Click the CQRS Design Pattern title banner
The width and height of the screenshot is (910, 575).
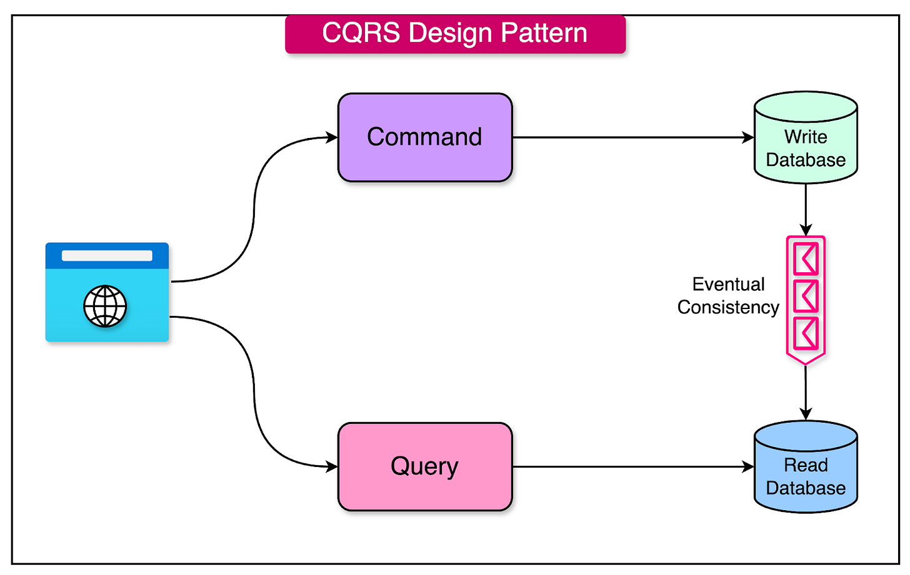pos(455,34)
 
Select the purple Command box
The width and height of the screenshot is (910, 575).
pos(425,137)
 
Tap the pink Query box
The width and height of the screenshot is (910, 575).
pos(425,466)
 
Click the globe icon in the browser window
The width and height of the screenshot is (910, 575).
pos(105,307)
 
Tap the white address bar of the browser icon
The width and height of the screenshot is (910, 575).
pos(107,255)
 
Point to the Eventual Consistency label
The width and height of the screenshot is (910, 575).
pos(728,295)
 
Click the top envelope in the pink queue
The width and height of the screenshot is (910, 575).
pos(806,258)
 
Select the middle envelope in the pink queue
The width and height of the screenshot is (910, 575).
pos(806,297)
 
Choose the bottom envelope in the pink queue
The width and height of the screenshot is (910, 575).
pos(806,334)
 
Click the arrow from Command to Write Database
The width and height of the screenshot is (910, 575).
pos(631,137)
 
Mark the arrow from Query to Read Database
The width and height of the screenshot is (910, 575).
pos(631,466)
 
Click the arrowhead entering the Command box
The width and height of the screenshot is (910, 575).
pos(332,137)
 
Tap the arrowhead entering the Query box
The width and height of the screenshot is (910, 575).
pos(332,466)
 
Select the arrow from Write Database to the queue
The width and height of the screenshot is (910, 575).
pos(806,209)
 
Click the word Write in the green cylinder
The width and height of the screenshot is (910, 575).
pos(806,137)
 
